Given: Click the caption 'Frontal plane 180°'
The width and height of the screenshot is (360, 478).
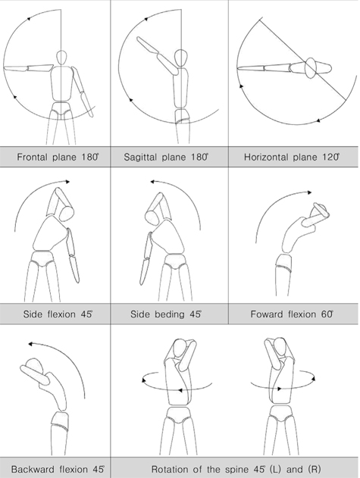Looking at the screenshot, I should pyautogui.click(x=55, y=158).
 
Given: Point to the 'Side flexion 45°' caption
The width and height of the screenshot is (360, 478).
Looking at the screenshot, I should pyautogui.click(x=55, y=313).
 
